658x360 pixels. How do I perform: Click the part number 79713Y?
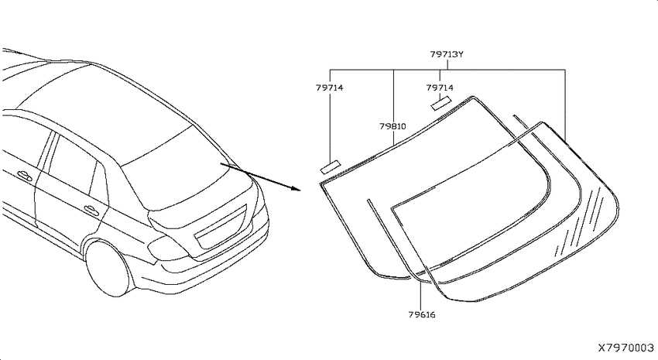click(447, 54)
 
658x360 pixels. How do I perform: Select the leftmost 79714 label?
click(330, 87)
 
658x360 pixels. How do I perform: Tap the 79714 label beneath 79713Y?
click(440, 87)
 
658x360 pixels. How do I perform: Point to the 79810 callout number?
click(392, 126)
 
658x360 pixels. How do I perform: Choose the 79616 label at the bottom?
click(422, 314)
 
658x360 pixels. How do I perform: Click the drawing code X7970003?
click(625, 348)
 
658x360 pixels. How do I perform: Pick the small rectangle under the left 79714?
click(331, 167)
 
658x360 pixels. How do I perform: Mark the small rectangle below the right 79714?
click(441, 103)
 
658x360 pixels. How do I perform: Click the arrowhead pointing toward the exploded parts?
click(296, 188)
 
